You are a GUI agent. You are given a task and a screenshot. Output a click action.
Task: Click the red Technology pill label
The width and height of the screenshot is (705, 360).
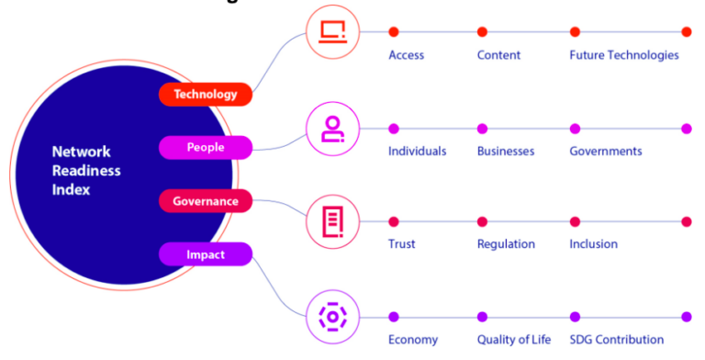tap(205, 94)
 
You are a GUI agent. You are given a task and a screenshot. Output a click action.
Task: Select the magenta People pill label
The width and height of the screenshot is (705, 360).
tap(205, 147)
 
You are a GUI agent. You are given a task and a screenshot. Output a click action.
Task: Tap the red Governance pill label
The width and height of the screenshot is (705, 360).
tap(205, 201)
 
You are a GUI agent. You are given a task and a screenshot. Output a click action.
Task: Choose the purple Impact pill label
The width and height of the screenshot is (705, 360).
tap(205, 254)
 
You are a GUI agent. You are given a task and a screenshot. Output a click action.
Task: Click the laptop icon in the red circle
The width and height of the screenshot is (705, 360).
tap(331, 32)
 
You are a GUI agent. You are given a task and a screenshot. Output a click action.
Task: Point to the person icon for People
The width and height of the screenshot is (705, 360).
tap(331, 129)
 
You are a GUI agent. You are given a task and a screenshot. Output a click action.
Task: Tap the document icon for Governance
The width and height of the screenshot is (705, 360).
tap(331, 221)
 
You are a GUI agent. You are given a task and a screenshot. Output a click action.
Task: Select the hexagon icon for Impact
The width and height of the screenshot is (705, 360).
tap(331, 317)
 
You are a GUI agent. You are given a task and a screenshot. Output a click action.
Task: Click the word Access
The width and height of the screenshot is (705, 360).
tap(406, 55)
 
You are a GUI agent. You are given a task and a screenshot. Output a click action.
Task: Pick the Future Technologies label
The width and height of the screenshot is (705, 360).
tap(623, 55)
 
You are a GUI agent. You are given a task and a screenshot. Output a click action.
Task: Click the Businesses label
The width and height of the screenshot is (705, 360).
tap(505, 151)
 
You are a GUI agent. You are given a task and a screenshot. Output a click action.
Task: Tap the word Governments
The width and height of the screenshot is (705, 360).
tap(605, 151)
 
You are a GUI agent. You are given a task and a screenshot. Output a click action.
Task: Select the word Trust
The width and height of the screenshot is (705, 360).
tap(401, 244)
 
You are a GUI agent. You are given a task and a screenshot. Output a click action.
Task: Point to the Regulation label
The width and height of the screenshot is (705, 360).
tap(506, 244)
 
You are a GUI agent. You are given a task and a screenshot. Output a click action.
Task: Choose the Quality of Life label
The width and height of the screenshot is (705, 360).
tap(513, 340)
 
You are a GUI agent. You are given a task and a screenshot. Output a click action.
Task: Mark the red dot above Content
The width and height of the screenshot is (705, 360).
tap(482, 32)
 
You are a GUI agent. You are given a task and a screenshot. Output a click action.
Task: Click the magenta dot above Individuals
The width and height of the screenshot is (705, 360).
tap(394, 129)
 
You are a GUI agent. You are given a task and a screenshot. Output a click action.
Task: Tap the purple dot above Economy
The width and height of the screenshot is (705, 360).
tap(394, 317)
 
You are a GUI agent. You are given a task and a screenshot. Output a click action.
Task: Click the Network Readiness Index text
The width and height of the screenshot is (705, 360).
tap(86, 171)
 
